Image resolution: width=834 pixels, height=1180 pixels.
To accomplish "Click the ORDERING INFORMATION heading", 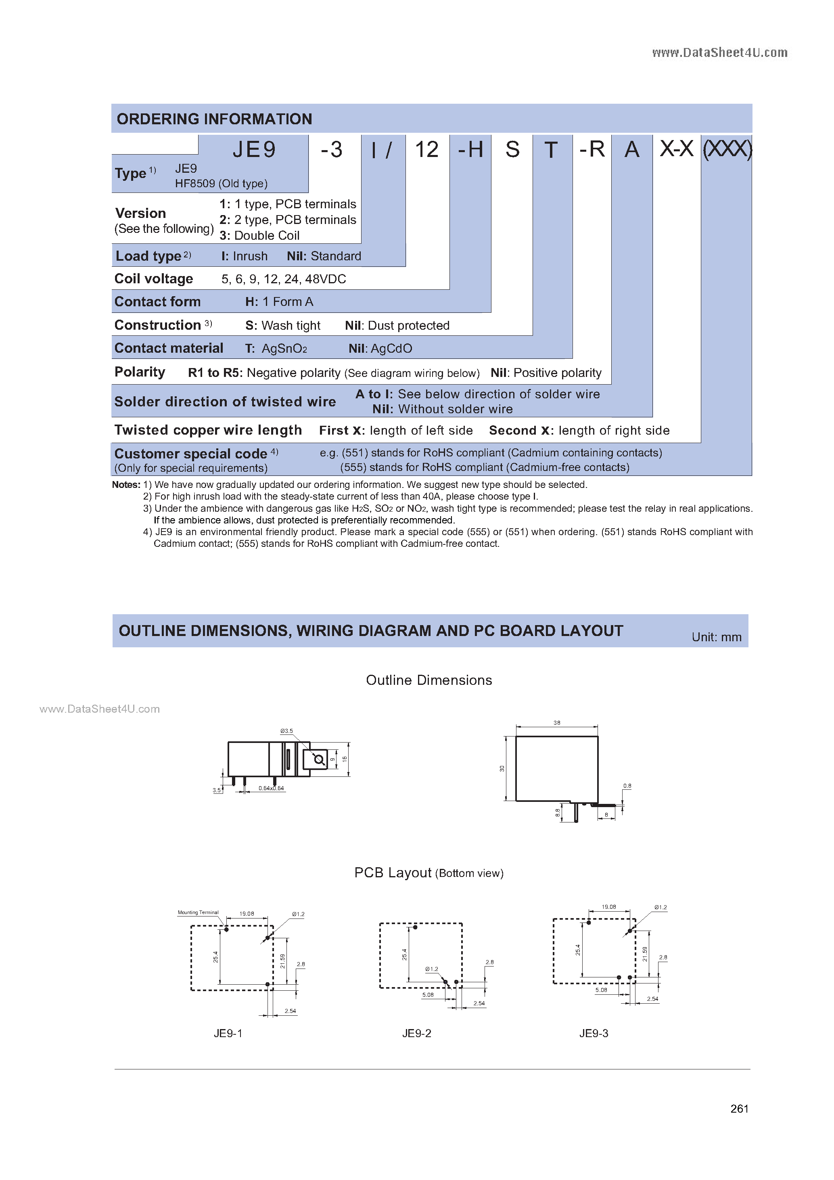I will coord(214,119).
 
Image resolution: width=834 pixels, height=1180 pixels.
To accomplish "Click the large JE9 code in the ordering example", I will coord(254,150).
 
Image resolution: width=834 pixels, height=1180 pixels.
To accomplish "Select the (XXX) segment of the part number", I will coord(727,150).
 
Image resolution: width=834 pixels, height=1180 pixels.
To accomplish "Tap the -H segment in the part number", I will coord(470,150).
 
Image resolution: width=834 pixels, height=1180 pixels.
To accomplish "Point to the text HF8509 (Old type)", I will coord(221,184).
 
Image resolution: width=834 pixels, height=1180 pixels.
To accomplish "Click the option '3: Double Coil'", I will coord(259,235).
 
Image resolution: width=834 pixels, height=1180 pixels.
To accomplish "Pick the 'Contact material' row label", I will coord(169,348).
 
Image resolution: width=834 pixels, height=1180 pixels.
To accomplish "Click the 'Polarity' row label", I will coord(140,372).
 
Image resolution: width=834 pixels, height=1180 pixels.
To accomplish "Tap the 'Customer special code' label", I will coord(190,454).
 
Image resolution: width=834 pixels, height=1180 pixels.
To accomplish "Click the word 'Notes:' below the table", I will coord(126,485).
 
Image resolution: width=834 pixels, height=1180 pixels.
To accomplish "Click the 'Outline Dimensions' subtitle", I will coord(428,680).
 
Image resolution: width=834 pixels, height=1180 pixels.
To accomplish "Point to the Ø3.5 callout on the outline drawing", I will coord(286,731).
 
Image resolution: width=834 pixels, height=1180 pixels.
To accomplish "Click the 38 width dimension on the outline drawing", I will coord(557,723).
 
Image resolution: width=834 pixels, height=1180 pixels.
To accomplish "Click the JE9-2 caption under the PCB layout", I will coord(417,1033).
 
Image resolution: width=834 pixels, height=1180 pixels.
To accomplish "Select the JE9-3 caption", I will coord(594,1033).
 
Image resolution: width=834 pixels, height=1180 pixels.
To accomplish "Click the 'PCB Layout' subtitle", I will coord(393,872).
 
